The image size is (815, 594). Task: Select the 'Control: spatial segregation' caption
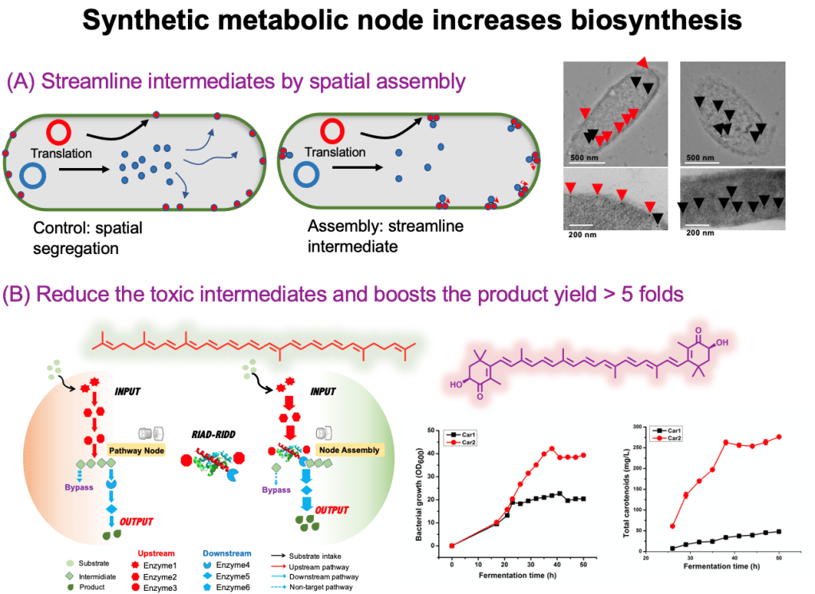[x=88, y=238]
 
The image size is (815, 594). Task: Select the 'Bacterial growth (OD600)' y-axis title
[x=420, y=487]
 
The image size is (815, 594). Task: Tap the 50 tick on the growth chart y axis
[x=434, y=430]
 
